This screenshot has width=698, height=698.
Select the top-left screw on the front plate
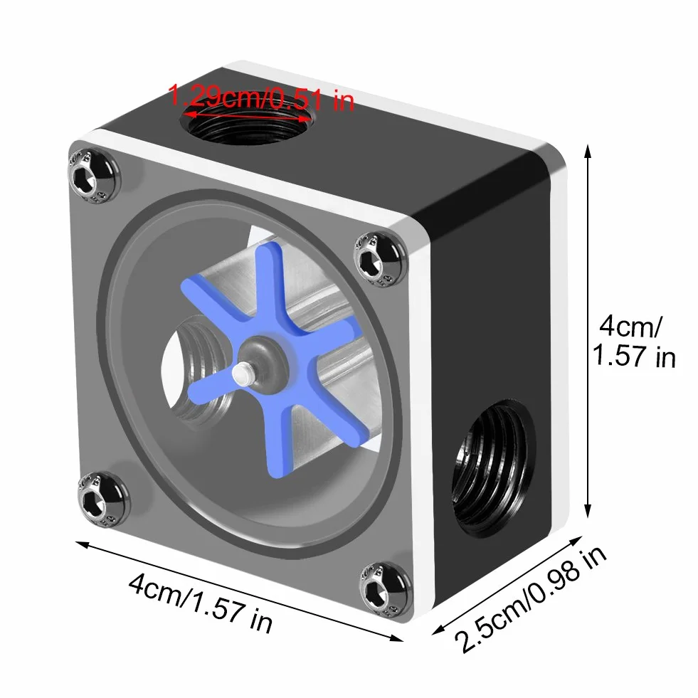click(x=92, y=177)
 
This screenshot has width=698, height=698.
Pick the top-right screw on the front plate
click(x=380, y=259)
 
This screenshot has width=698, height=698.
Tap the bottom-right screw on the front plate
click(x=386, y=590)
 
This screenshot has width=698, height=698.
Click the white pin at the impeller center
click(x=243, y=373)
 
